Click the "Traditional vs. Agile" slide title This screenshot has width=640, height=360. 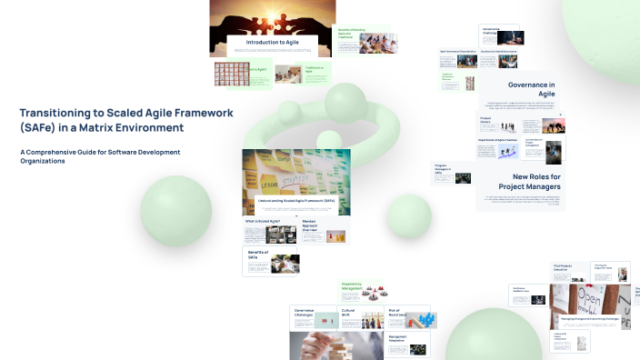[315, 70]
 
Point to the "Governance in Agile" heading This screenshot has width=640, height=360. [532, 89]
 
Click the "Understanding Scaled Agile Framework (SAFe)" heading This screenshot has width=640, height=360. [296, 200]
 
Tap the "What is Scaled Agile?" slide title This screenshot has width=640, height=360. [261, 221]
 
